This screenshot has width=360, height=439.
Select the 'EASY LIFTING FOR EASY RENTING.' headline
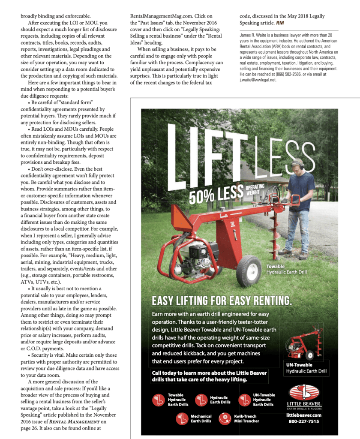point(222,300)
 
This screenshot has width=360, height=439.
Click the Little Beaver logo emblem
point(304,393)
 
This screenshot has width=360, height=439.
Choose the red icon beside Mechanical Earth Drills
point(183,418)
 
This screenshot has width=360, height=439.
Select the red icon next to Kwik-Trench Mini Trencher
point(225,418)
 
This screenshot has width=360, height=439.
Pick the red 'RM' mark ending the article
point(279,22)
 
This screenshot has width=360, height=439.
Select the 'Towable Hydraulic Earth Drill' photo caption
point(286,269)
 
